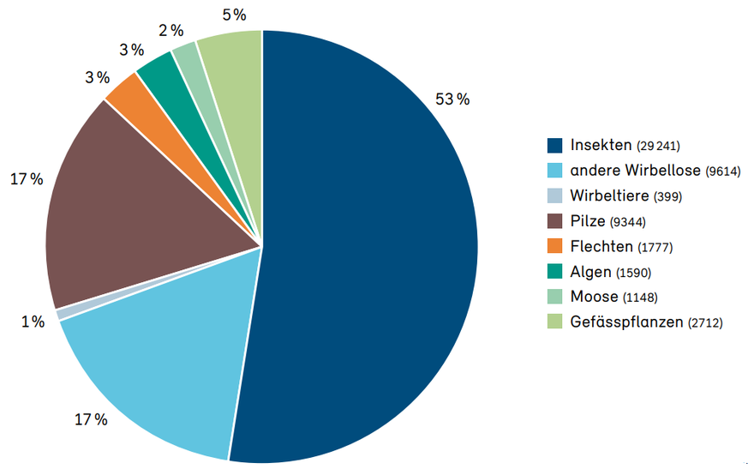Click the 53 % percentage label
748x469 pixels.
452,99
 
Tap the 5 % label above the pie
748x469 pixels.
233,15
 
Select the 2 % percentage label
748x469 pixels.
171,31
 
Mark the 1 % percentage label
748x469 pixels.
33,322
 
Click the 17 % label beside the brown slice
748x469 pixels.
27,179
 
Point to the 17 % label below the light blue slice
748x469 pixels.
91,420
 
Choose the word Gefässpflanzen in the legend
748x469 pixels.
626,322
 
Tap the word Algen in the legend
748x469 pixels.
590,272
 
